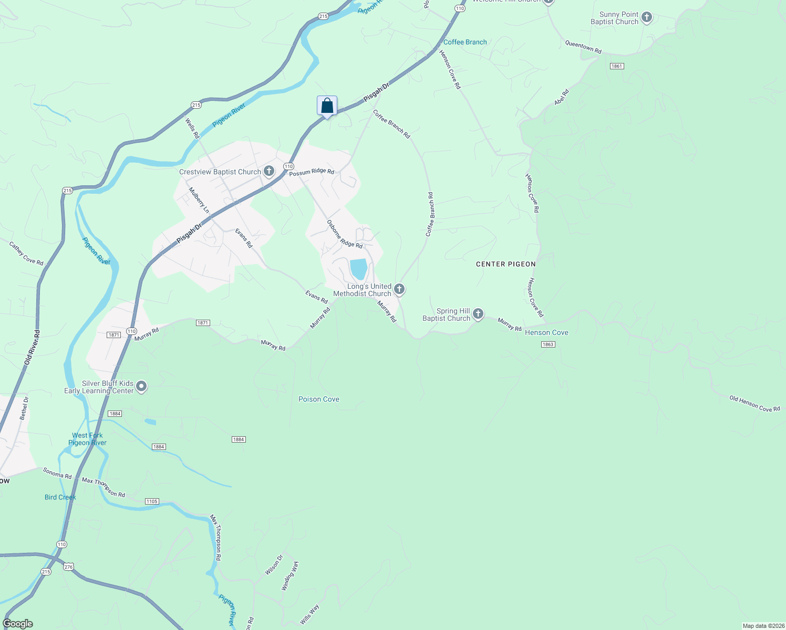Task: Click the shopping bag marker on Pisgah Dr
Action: point(327,106)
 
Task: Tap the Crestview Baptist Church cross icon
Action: point(269,171)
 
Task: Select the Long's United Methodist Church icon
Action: point(399,289)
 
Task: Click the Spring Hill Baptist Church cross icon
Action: point(478,314)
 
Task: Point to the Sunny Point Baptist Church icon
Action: point(647,17)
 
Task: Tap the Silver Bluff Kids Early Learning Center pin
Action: point(141,387)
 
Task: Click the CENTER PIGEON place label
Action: point(505,264)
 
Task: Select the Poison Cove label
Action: point(319,399)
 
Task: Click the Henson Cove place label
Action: point(546,332)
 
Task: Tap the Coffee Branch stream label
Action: point(465,42)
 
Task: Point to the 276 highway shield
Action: point(68,566)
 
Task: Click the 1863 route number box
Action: point(547,344)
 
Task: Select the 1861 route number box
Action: point(617,66)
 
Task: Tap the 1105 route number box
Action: point(152,501)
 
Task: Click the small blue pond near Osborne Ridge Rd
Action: point(358,269)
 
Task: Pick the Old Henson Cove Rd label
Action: point(754,404)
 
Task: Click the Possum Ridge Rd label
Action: point(312,172)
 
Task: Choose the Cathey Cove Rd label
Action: point(26,253)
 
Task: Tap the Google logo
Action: point(18,624)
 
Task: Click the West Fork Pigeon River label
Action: point(88,439)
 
